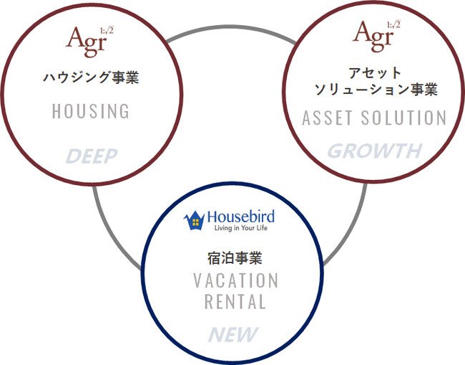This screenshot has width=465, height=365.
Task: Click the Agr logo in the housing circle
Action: click(89, 42)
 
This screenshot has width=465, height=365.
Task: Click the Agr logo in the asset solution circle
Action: click(376, 37)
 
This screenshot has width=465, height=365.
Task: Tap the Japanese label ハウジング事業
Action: click(91, 77)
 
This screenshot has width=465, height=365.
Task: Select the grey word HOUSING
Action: click(91, 111)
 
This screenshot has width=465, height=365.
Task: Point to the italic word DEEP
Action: click(92, 156)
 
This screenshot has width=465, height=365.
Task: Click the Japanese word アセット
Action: click(375, 73)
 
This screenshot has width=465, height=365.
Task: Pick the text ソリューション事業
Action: click(376, 89)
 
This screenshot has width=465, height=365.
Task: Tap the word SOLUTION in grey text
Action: click(403, 118)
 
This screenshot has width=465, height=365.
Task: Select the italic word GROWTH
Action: click(375, 151)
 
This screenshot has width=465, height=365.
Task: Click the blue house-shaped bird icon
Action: click(195, 220)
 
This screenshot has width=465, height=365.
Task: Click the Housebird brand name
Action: click(241, 217)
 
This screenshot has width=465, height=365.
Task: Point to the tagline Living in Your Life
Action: click(241, 228)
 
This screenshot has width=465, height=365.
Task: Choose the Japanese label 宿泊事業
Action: click(235, 257)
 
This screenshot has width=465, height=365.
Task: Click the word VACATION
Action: click(236, 280)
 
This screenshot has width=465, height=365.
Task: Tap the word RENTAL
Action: click(235, 302)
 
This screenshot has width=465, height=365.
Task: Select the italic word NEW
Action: click(233, 334)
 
